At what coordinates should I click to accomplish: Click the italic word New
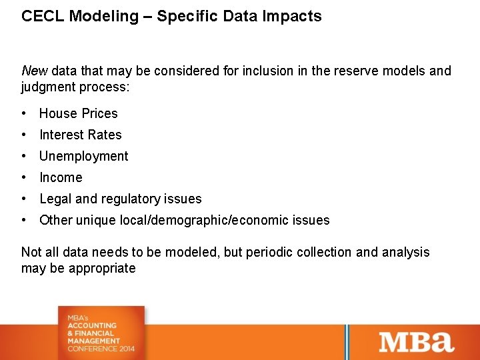(x=34, y=71)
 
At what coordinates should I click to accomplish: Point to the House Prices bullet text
(x=79, y=113)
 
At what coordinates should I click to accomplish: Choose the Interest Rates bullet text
(x=81, y=135)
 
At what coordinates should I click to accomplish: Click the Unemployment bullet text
(x=84, y=156)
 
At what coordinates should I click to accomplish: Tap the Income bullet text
(x=61, y=177)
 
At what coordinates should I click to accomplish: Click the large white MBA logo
(x=416, y=341)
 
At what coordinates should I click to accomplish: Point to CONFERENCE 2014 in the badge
(x=101, y=349)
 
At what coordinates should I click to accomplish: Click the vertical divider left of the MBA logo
(x=346, y=341)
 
